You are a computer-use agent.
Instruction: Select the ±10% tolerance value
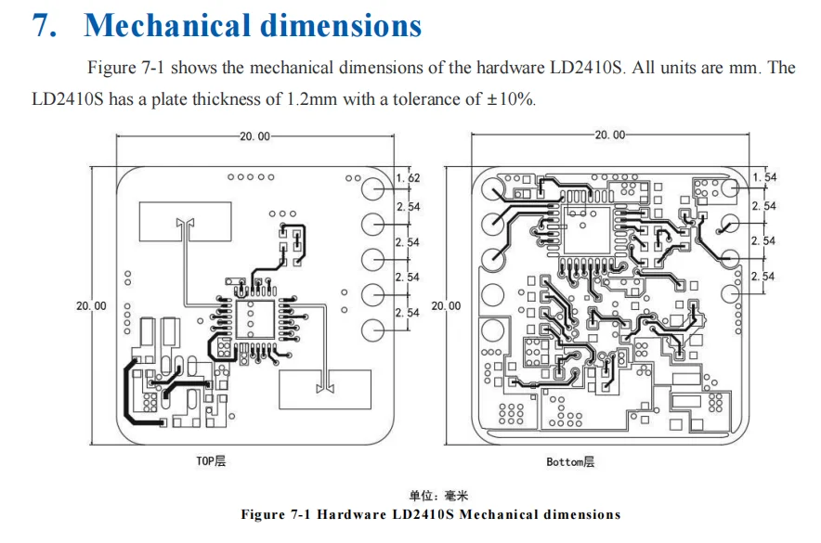(x=510, y=99)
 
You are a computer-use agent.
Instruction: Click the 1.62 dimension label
(x=408, y=177)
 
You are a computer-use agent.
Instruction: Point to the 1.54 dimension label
(x=764, y=176)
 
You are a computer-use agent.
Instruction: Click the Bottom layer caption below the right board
(x=569, y=461)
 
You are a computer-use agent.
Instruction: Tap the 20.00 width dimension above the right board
(x=609, y=136)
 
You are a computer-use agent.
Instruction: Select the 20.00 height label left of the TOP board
(x=91, y=305)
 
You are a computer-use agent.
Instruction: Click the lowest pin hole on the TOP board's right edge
(x=372, y=330)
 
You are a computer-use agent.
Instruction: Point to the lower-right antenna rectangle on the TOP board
(x=324, y=388)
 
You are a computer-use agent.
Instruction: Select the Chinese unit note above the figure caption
(x=432, y=497)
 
